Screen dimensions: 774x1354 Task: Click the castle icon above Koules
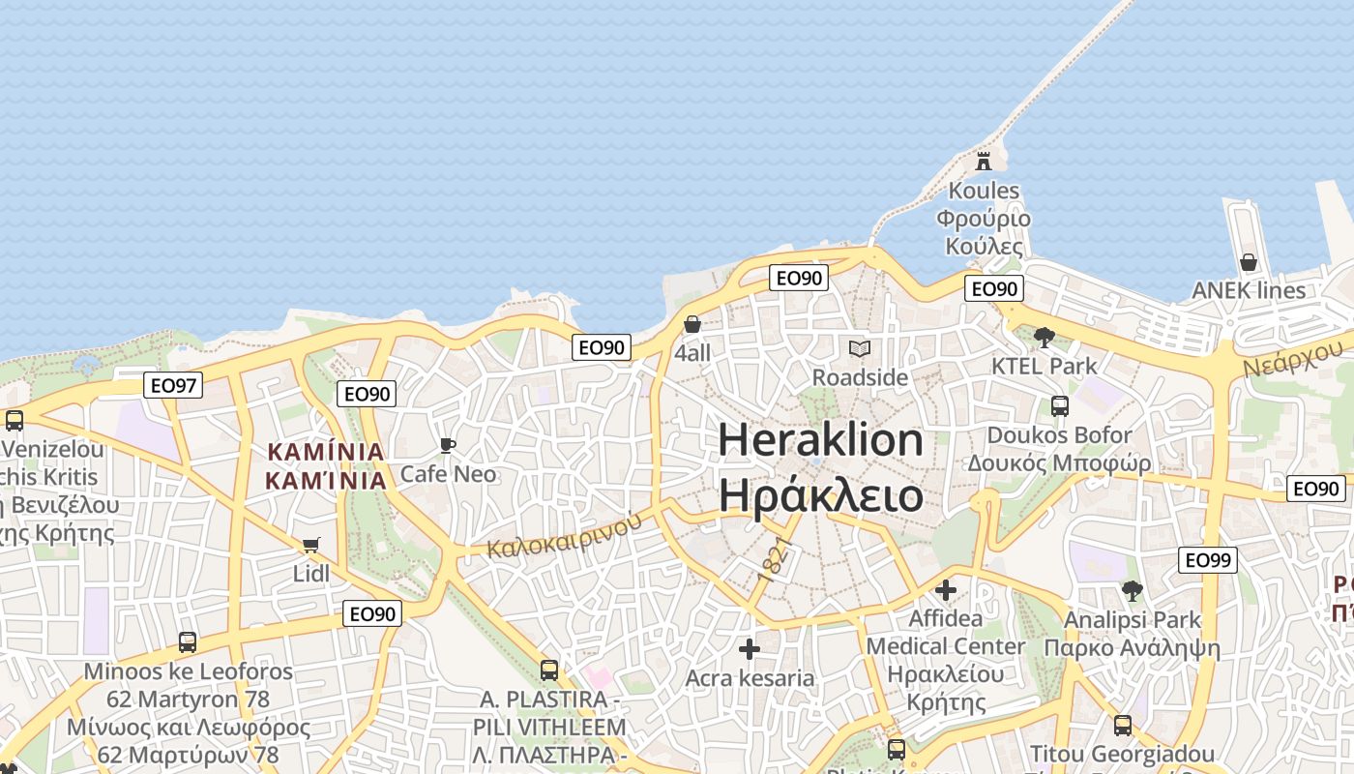point(984,160)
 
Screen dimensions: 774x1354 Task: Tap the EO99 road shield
point(1208,559)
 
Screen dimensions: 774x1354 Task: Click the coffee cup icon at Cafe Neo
point(447,445)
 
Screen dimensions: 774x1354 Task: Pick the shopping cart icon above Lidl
point(310,546)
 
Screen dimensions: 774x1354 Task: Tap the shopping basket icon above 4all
point(692,324)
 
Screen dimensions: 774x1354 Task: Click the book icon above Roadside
point(859,348)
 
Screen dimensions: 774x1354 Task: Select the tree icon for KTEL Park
point(1044,338)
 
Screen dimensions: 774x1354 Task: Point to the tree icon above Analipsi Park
point(1132,590)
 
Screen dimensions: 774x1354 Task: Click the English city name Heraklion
point(821,440)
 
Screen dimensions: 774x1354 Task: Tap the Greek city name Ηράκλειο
point(821,495)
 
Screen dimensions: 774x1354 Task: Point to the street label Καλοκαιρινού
point(565,534)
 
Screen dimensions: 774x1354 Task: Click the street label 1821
point(776,558)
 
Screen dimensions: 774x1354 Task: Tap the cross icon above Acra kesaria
point(750,649)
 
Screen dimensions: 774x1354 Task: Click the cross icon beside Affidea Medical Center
point(946,589)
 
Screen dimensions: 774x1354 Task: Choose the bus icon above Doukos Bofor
point(1060,405)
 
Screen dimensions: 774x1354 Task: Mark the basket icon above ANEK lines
point(1249,262)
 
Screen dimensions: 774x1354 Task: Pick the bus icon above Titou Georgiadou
point(1122,725)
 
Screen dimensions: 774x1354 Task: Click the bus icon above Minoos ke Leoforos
point(188,641)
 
